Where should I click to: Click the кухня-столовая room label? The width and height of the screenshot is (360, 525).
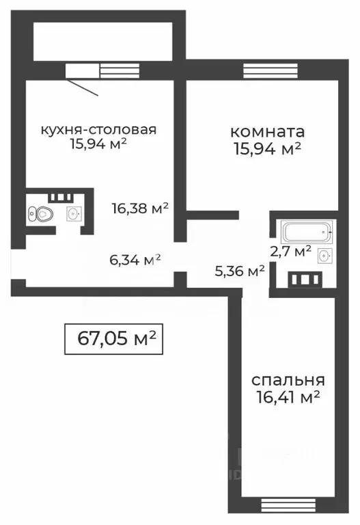click(x=99, y=129)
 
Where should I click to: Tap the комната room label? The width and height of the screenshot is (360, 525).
click(x=267, y=131)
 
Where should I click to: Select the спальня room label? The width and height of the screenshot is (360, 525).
click(x=288, y=380)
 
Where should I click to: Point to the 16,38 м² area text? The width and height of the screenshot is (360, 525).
click(x=140, y=208)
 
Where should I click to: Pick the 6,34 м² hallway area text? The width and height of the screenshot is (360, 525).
click(x=135, y=259)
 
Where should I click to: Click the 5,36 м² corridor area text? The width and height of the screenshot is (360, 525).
click(x=239, y=271)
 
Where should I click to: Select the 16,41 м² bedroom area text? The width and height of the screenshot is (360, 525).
click(x=288, y=396)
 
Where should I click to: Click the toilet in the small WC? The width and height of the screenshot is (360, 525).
click(x=41, y=214)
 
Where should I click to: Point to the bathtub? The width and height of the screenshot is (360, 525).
click(x=306, y=232)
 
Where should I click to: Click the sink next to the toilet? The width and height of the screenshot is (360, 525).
click(x=72, y=214)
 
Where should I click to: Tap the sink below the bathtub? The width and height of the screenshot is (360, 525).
click(x=324, y=256)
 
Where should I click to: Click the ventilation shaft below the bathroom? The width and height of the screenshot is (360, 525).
click(x=304, y=280)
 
